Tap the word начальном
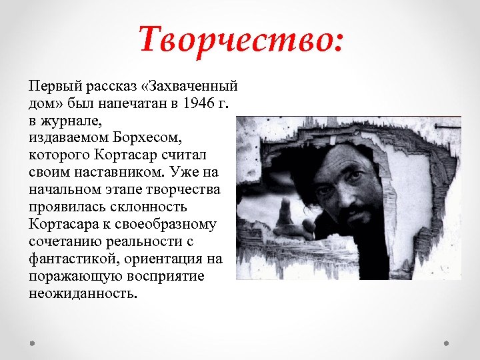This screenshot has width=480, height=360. [x=63, y=189]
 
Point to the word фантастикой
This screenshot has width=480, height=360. [x=67, y=258]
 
